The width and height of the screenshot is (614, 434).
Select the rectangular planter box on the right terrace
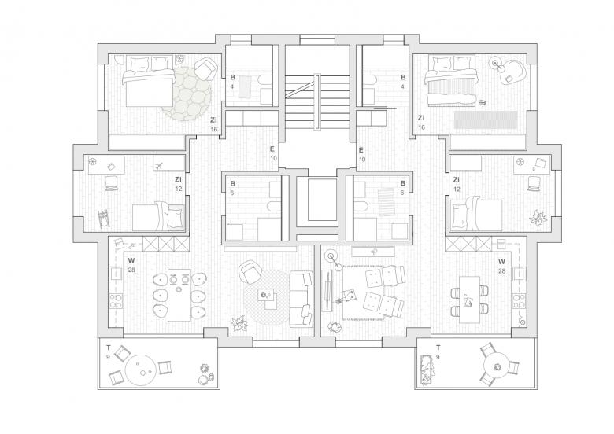pyautogui.click(x=427, y=369)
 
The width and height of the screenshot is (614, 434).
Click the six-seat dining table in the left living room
pyautogui.click(x=179, y=295)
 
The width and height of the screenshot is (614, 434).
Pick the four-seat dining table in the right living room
pyautogui.click(x=469, y=300)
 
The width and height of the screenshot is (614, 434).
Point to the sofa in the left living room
pyautogui.click(x=301, y=299)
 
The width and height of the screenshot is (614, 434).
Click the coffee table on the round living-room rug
pyautogui.click(x=268, y=300)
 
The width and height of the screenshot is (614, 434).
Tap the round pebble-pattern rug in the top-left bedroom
pyautogui.click(x=187, y=93)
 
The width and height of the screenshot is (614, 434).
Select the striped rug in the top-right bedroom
pyautogui.click(x=486, y=120)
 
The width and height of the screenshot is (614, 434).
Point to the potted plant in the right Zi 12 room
pyautogui.click(x=537, y=217)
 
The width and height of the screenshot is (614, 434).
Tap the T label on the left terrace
pyautogui.click(x=109, y=348)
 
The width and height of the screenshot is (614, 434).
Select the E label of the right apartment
pyautogui.click(x=361, y=149)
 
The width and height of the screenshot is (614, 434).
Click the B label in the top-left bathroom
pyautogui.click(x=232, y=77)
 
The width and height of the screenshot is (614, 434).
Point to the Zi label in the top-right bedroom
pyautogui.click(x=421, y=118)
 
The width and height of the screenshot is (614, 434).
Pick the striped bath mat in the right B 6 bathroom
pyautogui.click(x=387, y=201)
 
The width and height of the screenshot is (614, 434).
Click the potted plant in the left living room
pyautogui.click(x=239, y=324)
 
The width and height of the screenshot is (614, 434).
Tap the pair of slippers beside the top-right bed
pyautogui.click(x=483, y=102)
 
